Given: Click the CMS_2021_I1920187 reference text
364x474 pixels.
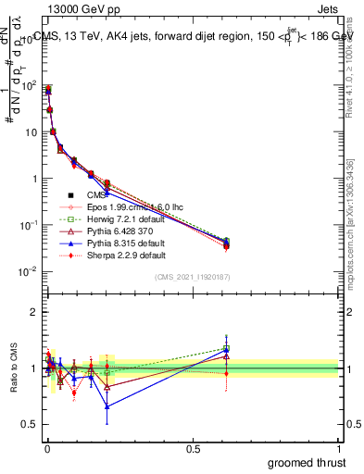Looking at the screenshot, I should click(192, 278).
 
